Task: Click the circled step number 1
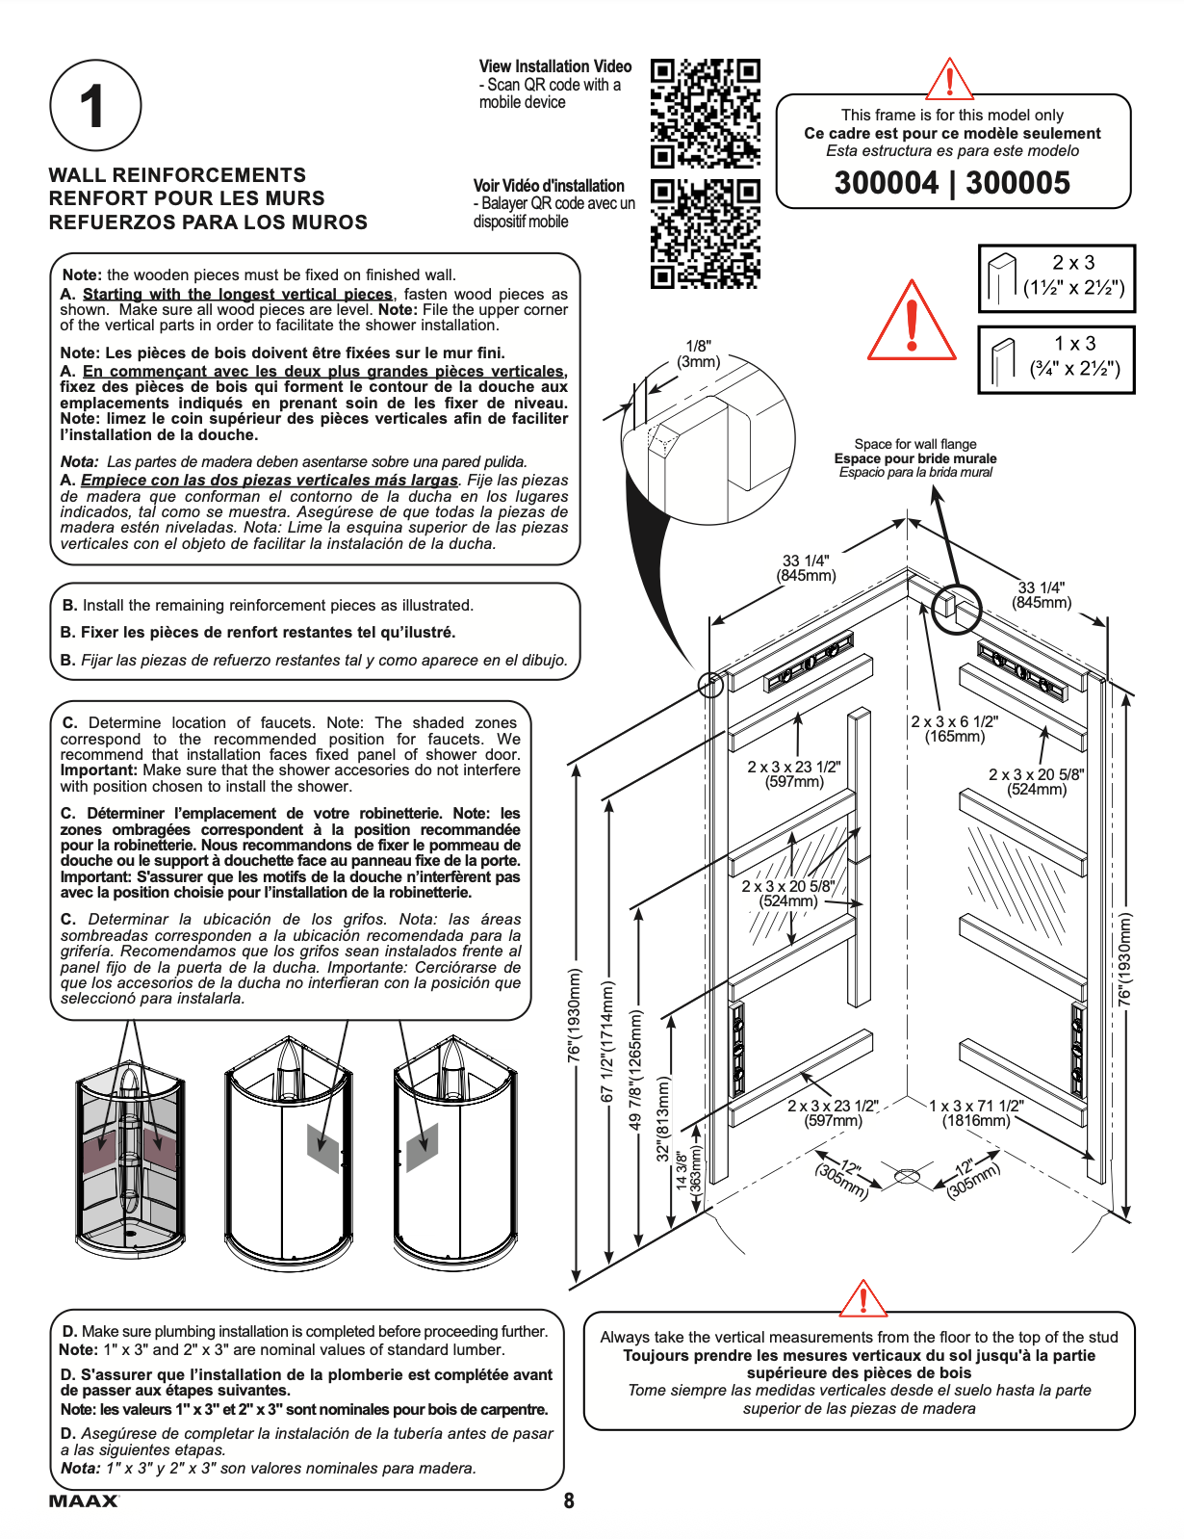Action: click(x=94, y=106)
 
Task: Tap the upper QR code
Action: click(x=705, y=112)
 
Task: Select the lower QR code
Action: click(x=705, y=234)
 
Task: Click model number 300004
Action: click(x=886, y=183)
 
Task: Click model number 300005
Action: click(x=1017, y=183)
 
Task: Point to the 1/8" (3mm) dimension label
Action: click(x=699, y=353)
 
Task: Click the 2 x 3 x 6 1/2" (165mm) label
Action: click(x=954, y=729)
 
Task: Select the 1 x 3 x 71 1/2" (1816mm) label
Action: click(x=976, y=1113)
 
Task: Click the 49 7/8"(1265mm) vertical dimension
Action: click(x=635, y=1069)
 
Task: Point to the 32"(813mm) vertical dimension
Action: click(x=663, y=1118)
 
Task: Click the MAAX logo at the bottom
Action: click(x=84, y=1500)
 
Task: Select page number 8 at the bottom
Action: click(x=569, y=1500)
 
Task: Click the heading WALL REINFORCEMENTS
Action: click(x=177, y=175)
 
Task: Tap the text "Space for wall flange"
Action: click(x=914, y=444)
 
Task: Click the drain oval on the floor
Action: click(x=907, y=1176)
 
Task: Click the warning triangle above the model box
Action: click(x=949, y=79)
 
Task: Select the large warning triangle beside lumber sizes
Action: click(x=913, y=322)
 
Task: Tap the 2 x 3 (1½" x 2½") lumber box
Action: click(x=1057, y=277)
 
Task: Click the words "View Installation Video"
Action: click(x=555, y=66)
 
